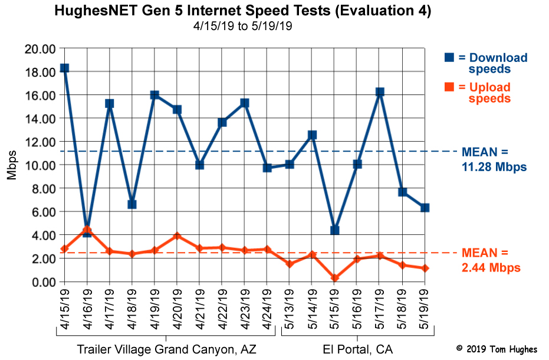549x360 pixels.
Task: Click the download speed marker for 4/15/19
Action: point(64,68)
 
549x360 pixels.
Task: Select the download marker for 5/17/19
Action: point(380,92)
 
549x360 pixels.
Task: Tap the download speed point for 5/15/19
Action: point(335,230)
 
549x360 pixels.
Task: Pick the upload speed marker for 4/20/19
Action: point(177,236)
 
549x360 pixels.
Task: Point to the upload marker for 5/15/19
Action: point(335,278)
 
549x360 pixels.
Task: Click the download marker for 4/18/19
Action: point(132,204)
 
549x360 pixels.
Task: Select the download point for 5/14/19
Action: point(312,135)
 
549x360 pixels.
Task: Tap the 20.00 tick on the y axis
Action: point(40,48)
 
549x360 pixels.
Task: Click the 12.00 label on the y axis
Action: point(40,142)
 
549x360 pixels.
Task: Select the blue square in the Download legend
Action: point(449,57)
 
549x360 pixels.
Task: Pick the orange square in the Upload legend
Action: point(449,87)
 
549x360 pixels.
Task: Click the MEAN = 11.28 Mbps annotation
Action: point(494,159)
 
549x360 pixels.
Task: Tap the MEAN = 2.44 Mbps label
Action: point(491,261)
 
